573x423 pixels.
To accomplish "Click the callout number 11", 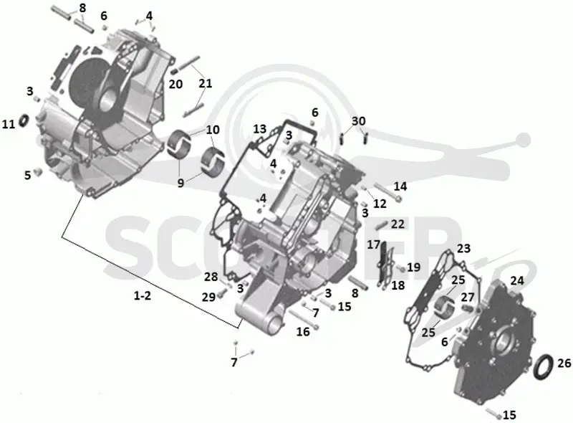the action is click(9, 125).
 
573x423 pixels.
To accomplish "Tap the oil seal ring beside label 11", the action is click(24, 120).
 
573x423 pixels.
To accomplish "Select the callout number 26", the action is click(564, 363).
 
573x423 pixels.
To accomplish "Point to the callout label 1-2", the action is click(142, 295).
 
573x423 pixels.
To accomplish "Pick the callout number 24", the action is click(517, 280).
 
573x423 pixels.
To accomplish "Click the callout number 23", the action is click(463, 249).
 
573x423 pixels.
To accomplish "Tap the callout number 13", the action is click(260, 129).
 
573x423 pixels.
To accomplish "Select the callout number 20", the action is click(175, 84).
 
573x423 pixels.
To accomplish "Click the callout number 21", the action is click(206, 83).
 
